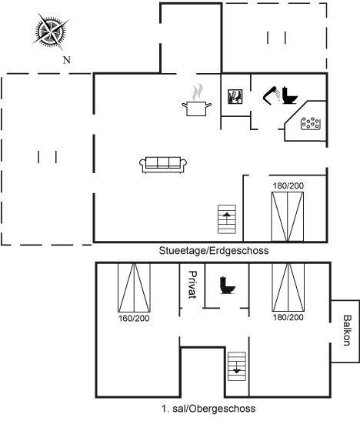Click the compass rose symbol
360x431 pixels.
point(51,32)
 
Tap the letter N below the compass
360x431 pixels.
point(67,60)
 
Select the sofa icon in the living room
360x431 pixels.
point(163,165)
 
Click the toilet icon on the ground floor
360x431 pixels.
point(290,95)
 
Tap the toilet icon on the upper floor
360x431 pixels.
point(228,286)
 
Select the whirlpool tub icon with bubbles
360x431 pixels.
point(311,123)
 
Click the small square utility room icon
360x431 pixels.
point(235,96)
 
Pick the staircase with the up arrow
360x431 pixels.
point(227,219)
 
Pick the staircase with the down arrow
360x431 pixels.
point(237,366)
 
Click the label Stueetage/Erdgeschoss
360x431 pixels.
point(214,251)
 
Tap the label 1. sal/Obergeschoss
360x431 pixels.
point(208,409)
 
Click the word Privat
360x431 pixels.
point(192,285)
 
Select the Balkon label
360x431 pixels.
point(348,330)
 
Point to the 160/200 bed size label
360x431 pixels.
point(134,319)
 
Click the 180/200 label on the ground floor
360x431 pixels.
point(288,185)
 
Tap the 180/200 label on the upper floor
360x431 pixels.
point(288,317)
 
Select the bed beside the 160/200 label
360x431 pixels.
point(134,288)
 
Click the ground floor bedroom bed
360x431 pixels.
point(288,217)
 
